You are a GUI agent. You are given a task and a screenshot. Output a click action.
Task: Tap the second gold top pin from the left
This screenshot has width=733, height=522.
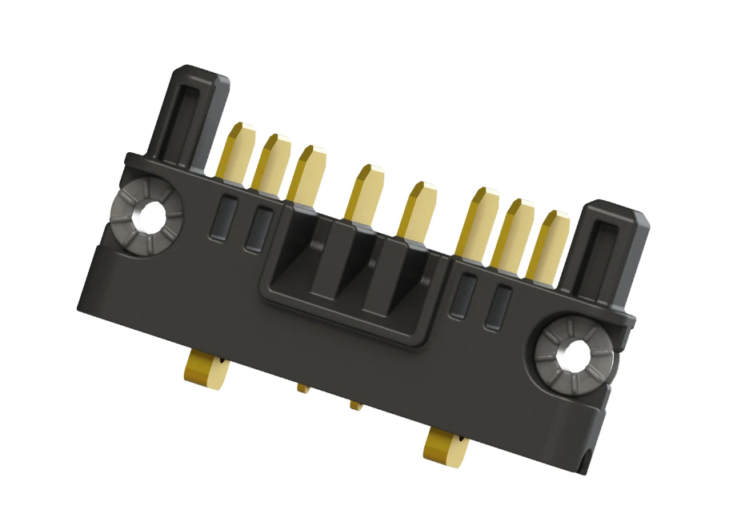pyautogui.click(x=270, y=162)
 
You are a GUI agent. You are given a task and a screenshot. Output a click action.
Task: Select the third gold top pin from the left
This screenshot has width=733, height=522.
pyautogui.click(x=306, y=173)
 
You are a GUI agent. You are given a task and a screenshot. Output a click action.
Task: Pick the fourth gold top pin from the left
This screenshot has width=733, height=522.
pyautogui.click(x=362, y=191)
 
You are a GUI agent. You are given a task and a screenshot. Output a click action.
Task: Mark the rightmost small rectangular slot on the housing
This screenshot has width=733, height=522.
pyautogui.click(x=500, y=307)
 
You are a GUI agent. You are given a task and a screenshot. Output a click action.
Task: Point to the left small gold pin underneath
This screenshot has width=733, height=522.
pyautogui.click(x=303, y=387)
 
